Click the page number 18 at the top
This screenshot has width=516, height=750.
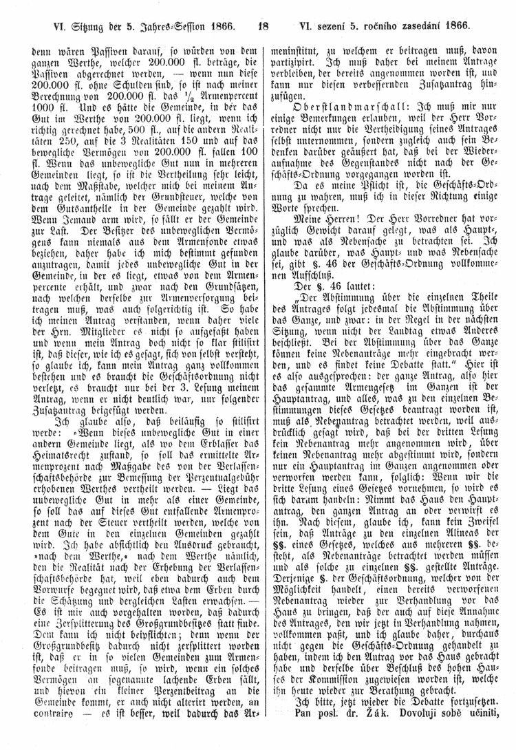click(262, 27)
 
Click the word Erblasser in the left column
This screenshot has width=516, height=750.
click(205, 427)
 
